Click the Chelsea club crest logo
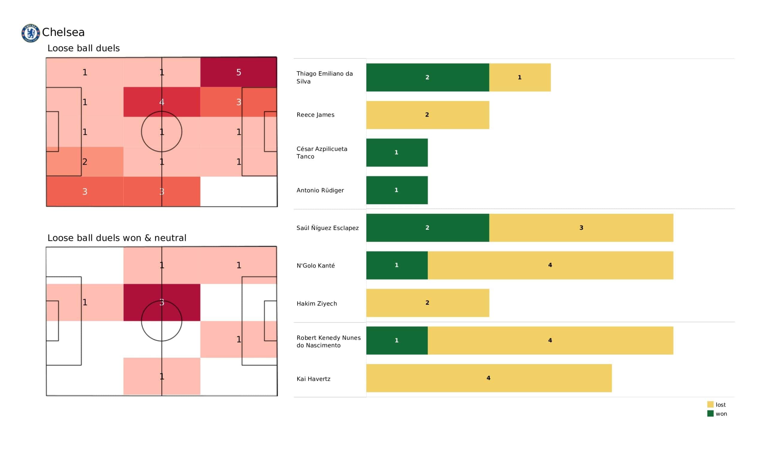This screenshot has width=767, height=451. coord(31,33)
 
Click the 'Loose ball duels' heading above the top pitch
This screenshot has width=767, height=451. coord(83,48)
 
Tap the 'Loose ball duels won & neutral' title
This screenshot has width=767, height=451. coord(117,238)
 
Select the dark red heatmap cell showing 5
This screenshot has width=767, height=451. coord(238,72)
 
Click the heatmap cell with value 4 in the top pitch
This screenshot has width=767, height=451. coord(161,102)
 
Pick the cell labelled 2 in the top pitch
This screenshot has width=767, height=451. coord(84,162)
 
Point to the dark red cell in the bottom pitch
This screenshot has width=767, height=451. coord(161,302)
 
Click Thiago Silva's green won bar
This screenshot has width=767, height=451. coord(427,77)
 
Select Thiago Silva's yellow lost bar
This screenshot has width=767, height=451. coord(520,77)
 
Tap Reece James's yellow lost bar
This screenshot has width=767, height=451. coord(427,115)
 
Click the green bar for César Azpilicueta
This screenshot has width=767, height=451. coord(397,152)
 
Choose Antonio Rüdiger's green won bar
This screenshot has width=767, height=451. coord(397,190)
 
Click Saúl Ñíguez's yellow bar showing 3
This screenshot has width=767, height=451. coord(581,228)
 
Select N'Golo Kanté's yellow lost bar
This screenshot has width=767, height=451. coord(550,265)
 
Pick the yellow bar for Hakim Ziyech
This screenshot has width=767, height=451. coord(427,303)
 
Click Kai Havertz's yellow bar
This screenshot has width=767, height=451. coord(488,378)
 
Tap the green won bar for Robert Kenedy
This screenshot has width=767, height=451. coord(397,340)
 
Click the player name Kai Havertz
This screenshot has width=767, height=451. coord(313,379)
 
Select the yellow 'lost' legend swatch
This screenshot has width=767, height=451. coord(710,405)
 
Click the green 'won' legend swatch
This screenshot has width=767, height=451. coord(710,414)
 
